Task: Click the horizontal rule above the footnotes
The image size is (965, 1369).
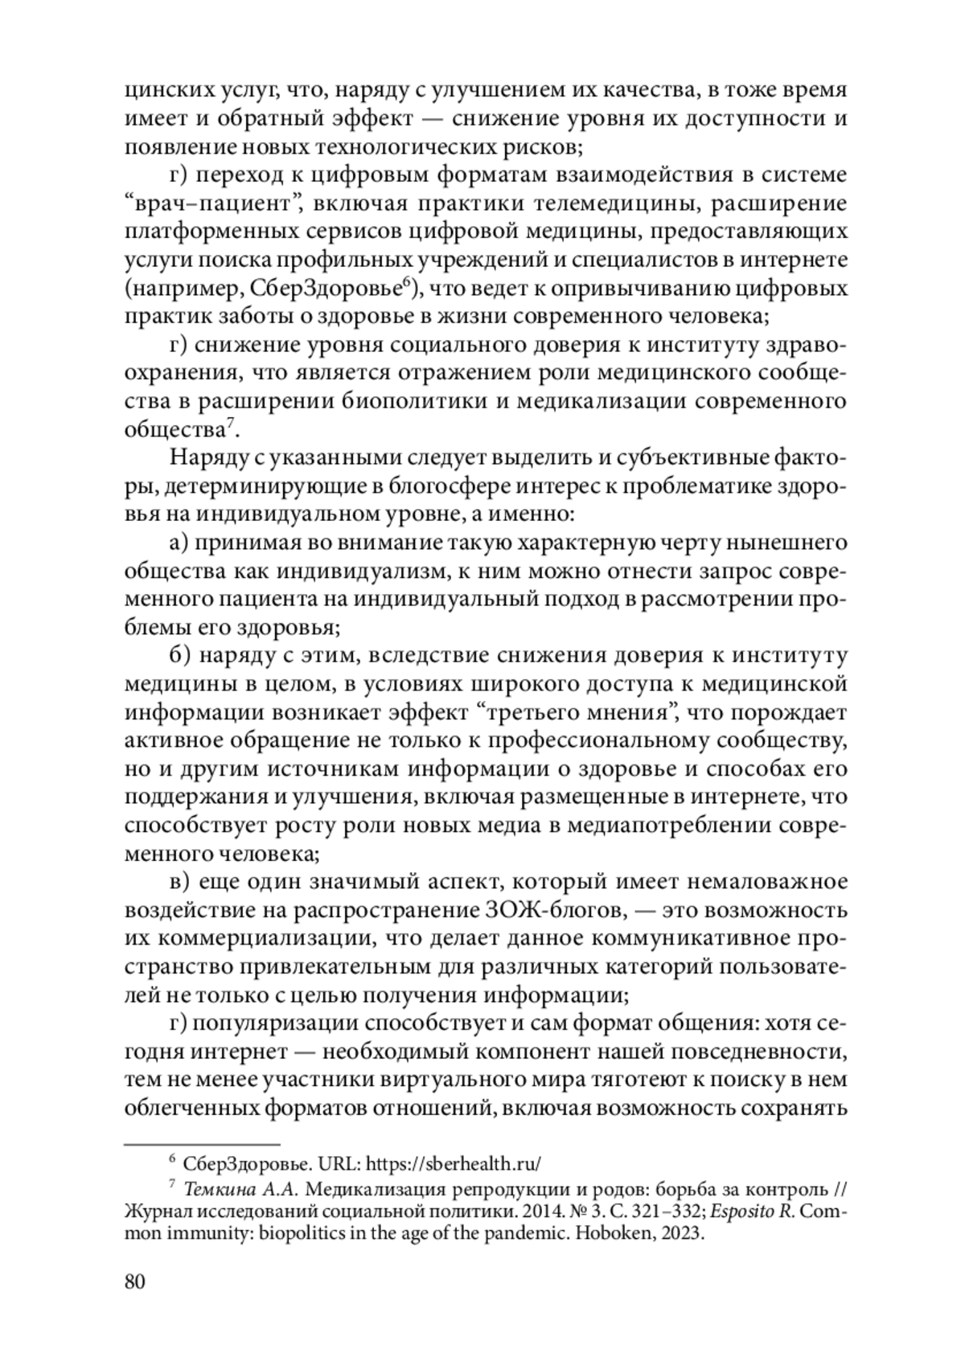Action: [x=202, y=1142]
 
